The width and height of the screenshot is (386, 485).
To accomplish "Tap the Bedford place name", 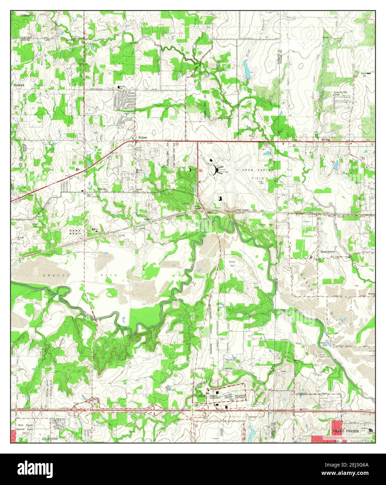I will [x=19, y=85].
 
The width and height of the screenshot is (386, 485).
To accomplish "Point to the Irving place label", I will [x=325, y=139].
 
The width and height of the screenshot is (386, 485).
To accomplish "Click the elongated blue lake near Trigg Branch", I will [x=246, y=68].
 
